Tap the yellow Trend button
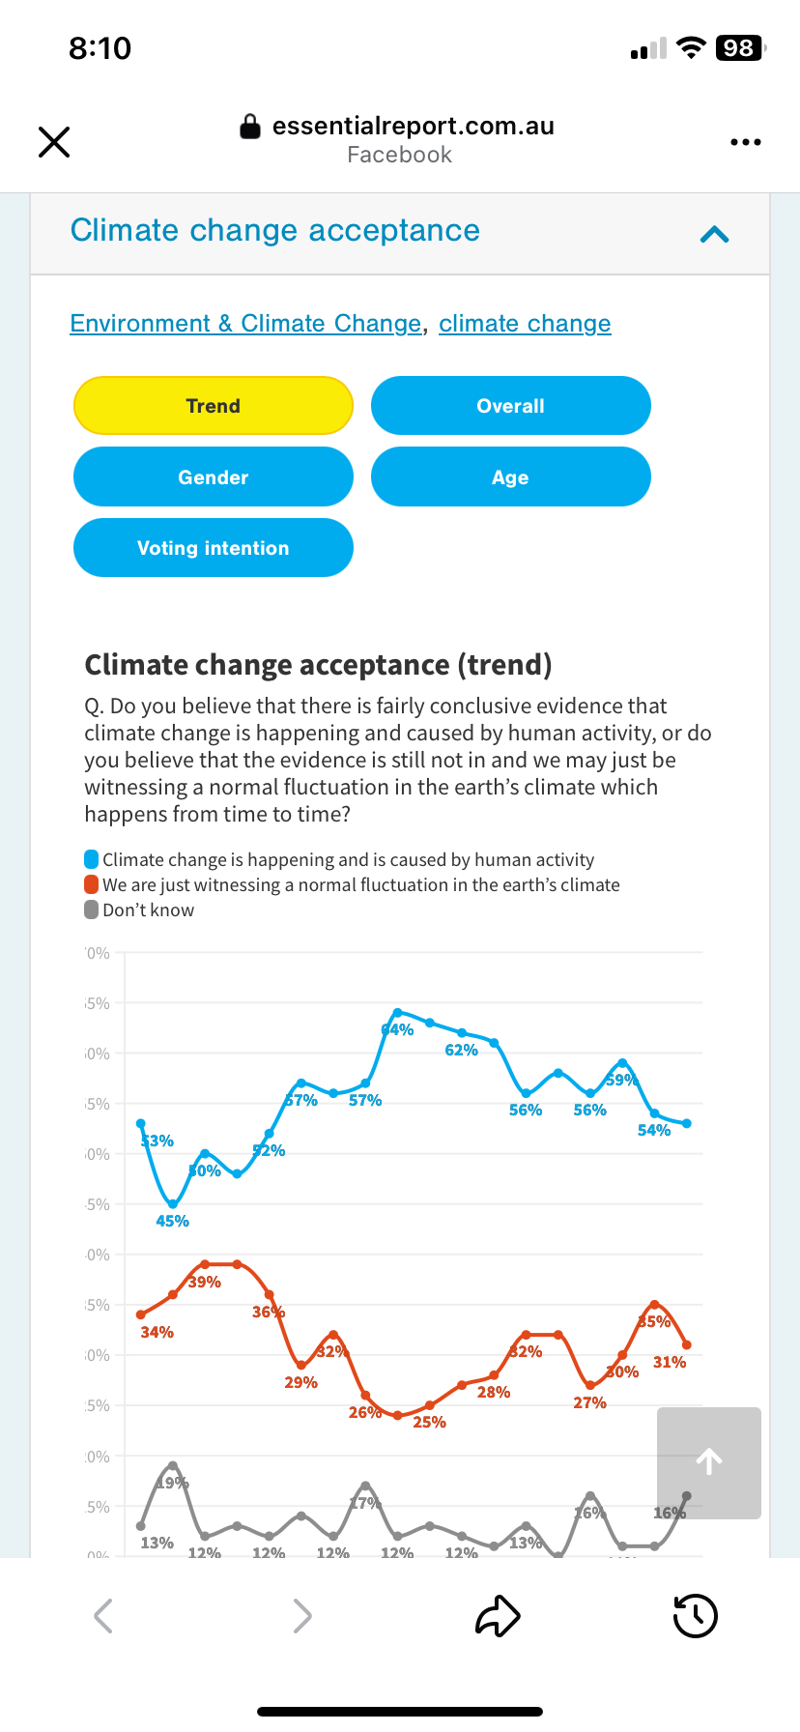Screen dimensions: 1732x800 click(214, 406)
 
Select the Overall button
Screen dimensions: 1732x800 click(510, 406)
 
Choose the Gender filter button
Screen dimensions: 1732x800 click(214, 477)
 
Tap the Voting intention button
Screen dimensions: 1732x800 click(214, 548)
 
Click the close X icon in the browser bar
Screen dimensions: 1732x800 click(54, 142)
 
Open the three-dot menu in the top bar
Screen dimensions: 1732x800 click(745, 142)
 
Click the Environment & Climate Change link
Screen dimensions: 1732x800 click(245, 324)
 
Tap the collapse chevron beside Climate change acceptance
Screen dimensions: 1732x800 click(714, 234)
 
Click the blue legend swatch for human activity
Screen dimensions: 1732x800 click(92, 859)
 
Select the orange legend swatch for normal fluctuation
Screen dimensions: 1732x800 click(92, 884)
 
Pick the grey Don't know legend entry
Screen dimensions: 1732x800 click(139, 910)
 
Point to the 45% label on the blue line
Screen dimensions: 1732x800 click(172, 1222)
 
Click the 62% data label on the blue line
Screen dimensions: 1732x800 click(461, 1051)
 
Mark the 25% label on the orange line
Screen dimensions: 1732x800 click(429, 1423)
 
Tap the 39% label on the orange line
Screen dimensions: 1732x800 click(205, 1283)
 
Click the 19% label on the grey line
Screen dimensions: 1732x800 click(174, 1484)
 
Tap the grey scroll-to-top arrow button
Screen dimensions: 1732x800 click(709, 1462)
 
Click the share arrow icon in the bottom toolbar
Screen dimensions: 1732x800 click(498, 1616)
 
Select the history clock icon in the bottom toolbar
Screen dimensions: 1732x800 click(695, 1616)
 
